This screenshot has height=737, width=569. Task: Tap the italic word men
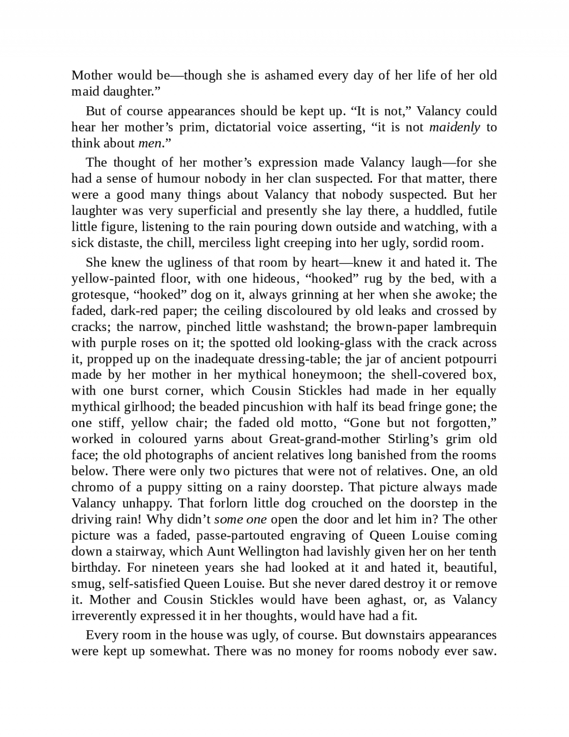click(149, 143)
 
